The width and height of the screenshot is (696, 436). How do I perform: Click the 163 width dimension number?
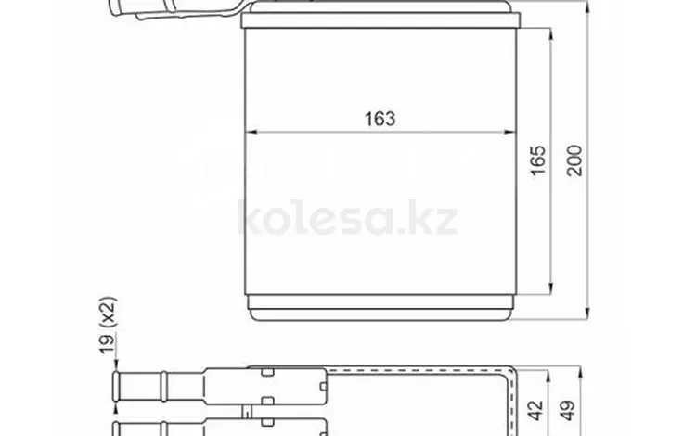(x=380, y=119)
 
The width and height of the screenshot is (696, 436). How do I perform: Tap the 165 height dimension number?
(x=538, y=160)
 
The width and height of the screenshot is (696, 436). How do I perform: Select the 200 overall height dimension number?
(x=574, y=160)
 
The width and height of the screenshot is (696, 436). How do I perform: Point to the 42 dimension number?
(x=536, y=410)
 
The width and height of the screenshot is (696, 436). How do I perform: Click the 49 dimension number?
(x=568, y=410)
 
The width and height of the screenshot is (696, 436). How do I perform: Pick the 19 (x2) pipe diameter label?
(x=108, y=325)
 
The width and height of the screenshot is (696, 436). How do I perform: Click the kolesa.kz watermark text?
(x=347, y=218)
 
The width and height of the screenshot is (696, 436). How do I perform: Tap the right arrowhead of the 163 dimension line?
(x=509, y=132)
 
